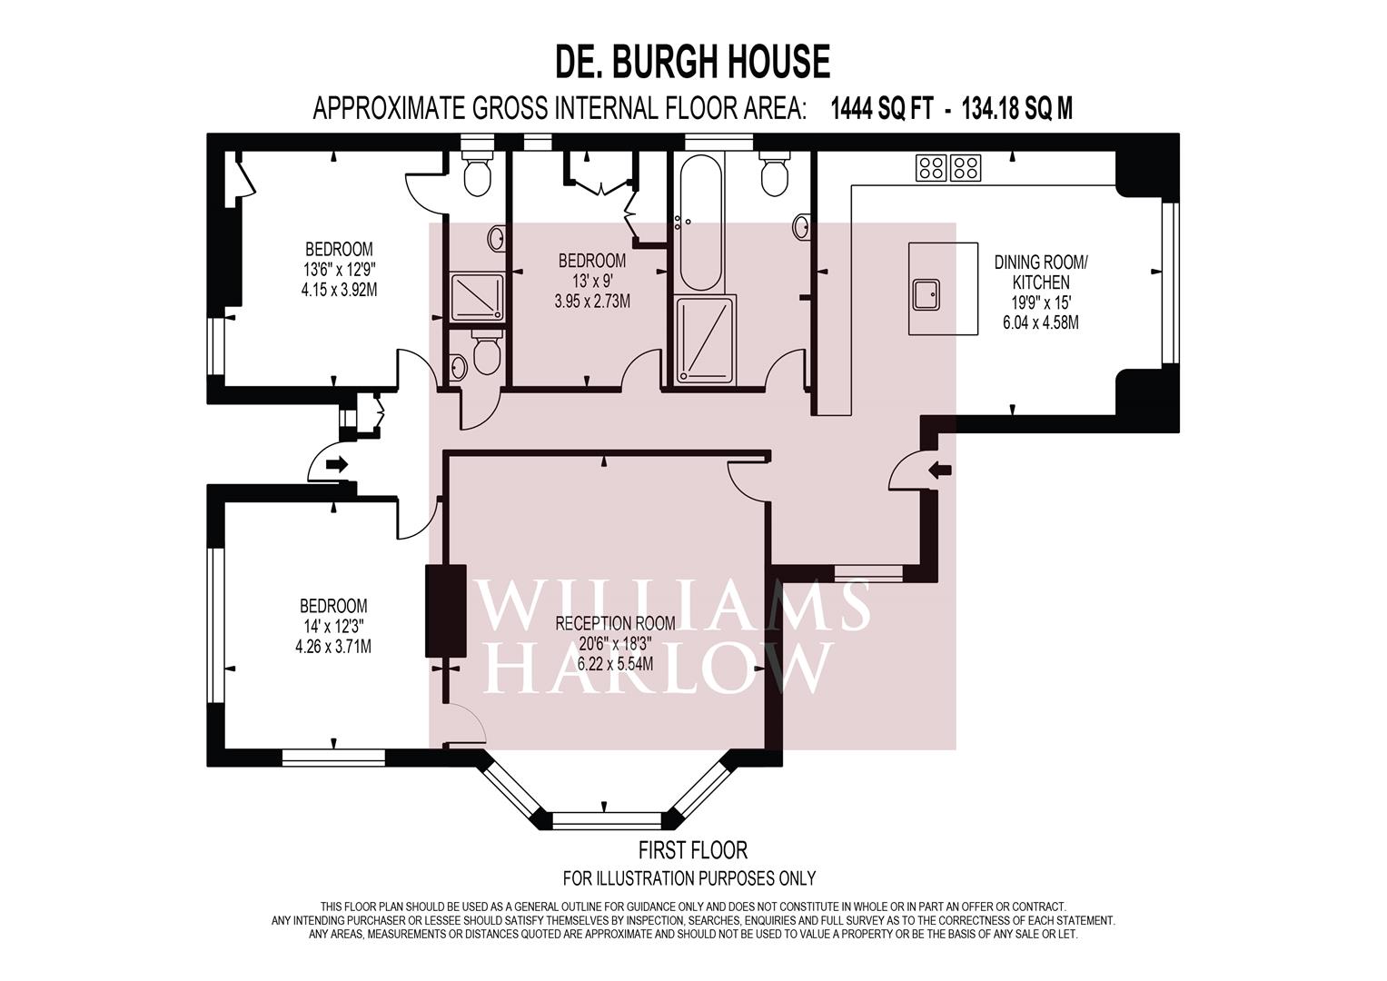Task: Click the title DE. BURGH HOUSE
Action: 692,62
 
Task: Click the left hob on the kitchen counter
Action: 931,167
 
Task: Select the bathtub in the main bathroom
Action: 698,222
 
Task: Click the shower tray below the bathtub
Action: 705,336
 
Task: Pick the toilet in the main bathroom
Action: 774,175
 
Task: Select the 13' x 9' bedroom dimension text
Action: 591,282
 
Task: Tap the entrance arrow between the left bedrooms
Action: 336,465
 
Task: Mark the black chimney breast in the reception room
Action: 445,610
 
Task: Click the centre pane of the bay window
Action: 604,819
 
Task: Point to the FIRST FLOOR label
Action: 692,850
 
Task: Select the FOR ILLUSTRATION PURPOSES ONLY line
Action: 689,878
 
